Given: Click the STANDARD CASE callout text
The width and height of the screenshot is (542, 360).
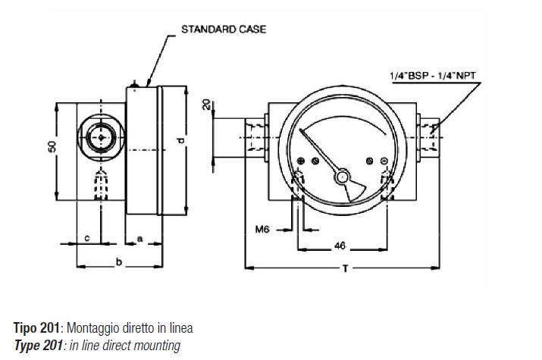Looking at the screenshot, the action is pos(224,30).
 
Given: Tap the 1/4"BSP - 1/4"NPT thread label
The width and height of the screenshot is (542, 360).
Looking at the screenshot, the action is pos(433,76).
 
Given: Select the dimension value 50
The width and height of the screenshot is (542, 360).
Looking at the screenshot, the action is pos(52,146).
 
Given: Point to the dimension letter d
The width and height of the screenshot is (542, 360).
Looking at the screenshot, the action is pos(180,141).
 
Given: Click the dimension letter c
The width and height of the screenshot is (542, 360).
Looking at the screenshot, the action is pos(87,238).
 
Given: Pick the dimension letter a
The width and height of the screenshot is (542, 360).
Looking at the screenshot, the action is pos(140,239).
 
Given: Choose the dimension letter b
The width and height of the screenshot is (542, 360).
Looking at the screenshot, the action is pos(119,262).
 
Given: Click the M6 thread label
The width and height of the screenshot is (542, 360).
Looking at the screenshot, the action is pos(262,229).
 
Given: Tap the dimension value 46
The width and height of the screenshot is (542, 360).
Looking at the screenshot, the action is pos(340,246).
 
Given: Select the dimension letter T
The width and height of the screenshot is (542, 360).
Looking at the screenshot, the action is pos(345,268).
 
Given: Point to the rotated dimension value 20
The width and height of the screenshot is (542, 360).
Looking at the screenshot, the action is pos(206,105).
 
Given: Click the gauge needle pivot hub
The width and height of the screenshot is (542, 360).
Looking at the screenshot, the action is pos(342,177).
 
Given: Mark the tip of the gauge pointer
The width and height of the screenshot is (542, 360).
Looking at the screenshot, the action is pos(301,130).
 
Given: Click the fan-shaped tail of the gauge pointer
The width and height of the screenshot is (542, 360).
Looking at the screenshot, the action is pos(355,190).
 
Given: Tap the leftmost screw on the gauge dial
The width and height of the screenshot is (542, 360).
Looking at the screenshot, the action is pos(301,161).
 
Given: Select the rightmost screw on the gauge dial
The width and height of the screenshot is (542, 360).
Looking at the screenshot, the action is pos(384,161).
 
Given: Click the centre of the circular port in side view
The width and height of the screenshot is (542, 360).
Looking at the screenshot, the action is pos(101,137).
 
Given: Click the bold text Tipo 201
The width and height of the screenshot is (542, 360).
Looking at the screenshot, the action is pos(36,327).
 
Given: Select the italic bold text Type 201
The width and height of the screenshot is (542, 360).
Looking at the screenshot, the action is pos(39,346).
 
